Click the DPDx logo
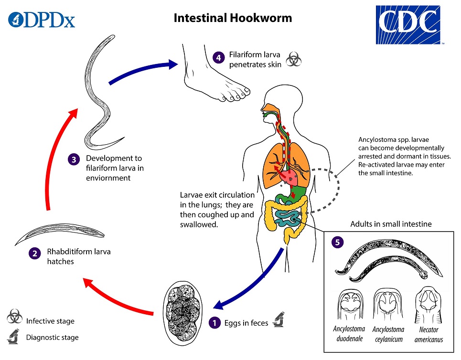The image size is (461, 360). (x=42, y=20)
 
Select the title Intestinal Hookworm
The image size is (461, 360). (x=233, y=18)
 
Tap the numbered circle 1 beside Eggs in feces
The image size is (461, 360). (x=215, y=323)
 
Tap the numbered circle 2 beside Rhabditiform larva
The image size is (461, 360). (x=34, y=254)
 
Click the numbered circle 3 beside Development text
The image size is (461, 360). (x=73, y=160)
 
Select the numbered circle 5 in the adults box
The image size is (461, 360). (x=338, y=242)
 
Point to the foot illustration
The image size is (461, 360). (x=215, y=76)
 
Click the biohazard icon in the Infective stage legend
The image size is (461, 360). (x=14, y=317)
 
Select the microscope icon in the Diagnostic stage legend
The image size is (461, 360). (x=14, y=336)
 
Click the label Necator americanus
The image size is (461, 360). (x=429, y=335)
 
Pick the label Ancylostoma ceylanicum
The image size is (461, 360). (x=388, y=334)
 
